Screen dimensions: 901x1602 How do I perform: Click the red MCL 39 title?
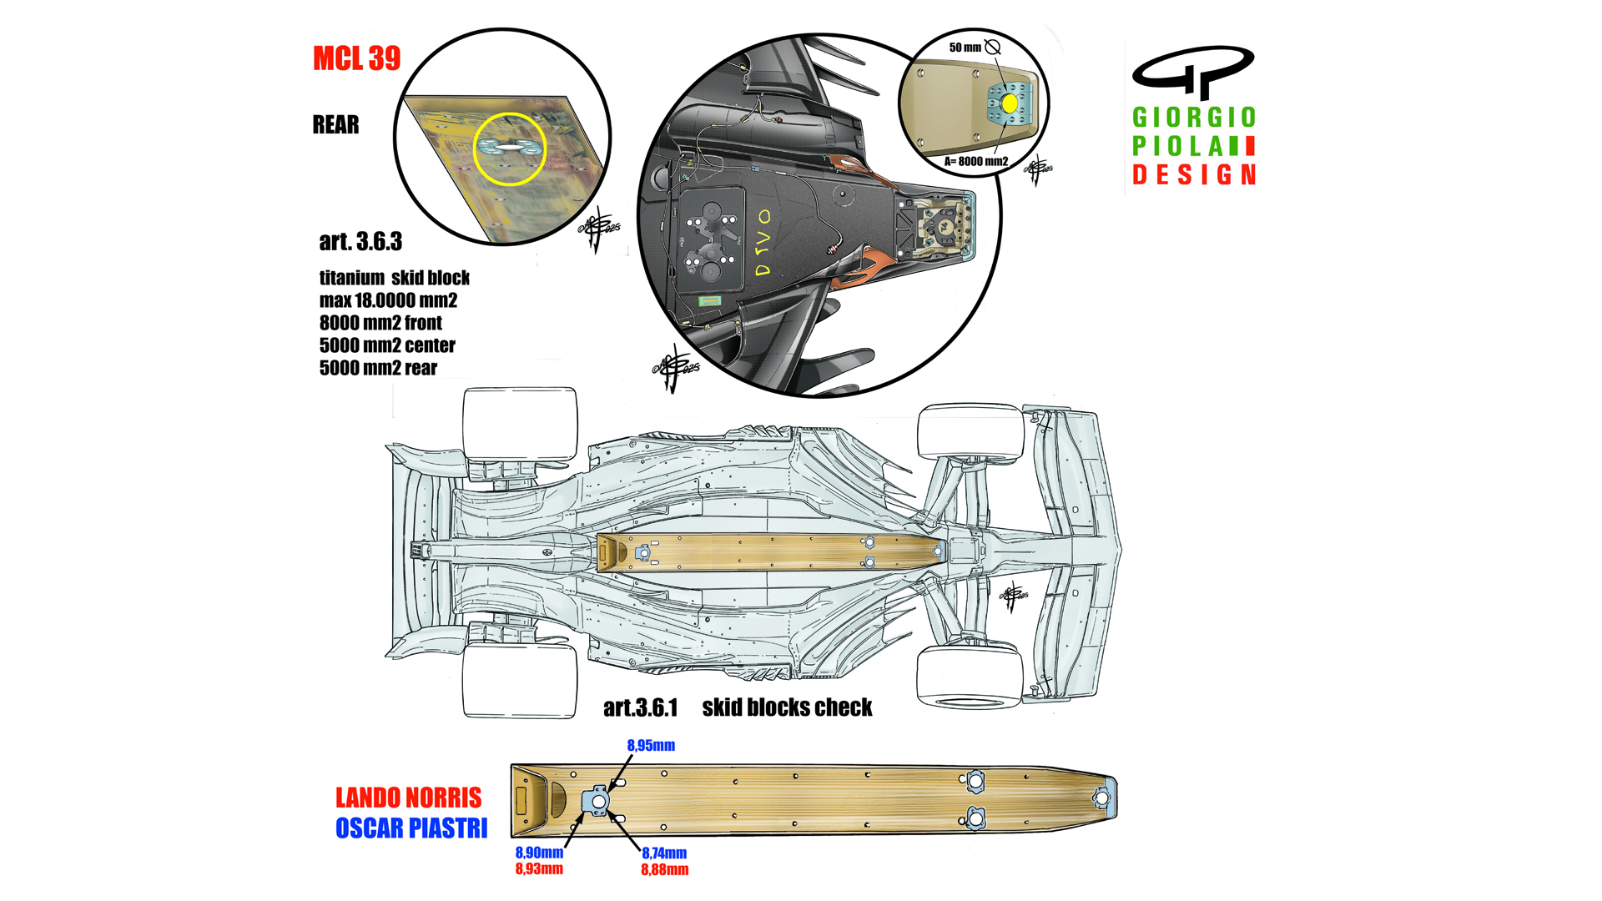click(356, 58)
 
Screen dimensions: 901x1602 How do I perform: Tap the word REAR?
click(335, 125)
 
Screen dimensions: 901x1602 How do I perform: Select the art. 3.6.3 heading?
click(360, 242)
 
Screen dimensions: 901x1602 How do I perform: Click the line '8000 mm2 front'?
click(380, 323)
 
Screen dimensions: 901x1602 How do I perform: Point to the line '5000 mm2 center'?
click(387, 345)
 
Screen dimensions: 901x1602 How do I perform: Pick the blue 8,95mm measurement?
click(651, 746)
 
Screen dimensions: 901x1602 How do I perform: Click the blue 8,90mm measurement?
click(539, 853)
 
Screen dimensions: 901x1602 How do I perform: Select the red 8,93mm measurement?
click(539, 868)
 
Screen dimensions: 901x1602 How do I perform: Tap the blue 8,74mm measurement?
click(664, 853)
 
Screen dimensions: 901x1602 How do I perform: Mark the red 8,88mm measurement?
click(664, 870)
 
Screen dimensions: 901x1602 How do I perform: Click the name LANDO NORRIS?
click(408, 798)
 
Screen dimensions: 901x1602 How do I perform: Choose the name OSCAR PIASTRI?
click(411, 828)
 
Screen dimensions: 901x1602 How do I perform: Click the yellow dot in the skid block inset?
click(1009, 103)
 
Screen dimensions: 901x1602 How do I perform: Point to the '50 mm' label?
click(965, 48)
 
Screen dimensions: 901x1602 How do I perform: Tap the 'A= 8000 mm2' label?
click(976, 162)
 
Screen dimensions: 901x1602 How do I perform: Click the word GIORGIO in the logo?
click(1194, 118)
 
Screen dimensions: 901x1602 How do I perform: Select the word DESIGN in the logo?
click(1194, 175)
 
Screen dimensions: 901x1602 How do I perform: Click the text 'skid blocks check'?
click(787, 708)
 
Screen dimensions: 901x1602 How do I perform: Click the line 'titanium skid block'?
click(394, 278)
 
